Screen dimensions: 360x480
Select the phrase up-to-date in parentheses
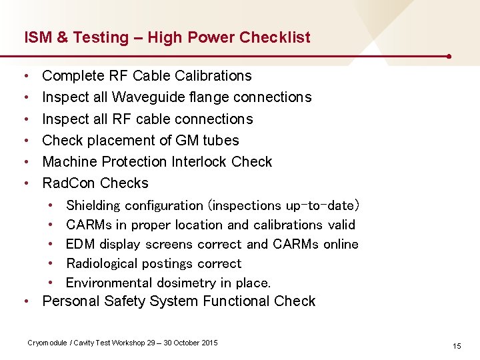323,206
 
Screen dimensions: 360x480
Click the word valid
341,225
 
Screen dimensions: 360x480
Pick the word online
341,244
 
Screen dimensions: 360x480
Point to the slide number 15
457,346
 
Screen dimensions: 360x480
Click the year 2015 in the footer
208,343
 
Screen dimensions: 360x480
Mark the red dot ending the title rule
451,57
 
